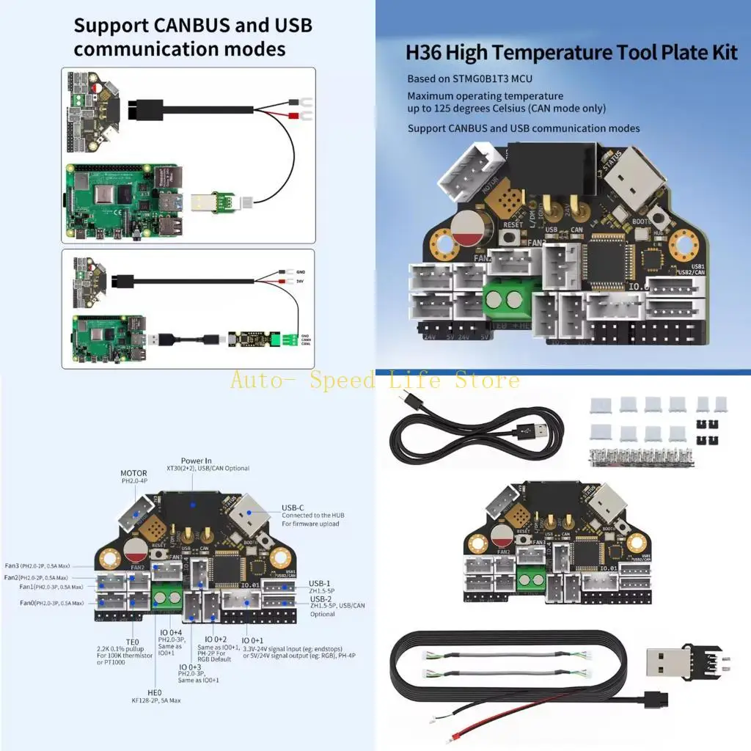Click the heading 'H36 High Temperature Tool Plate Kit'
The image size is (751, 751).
pyautogui.click(x=571, y=54)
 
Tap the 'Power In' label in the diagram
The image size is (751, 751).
pyautogui.click(x=196, y=461)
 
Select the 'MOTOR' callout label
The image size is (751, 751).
pyautogui.click(x=133, y=473)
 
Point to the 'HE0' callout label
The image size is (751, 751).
pyautogui.click(x=155, y=692)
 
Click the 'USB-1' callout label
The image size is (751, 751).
pyautogui.click(x=319, y=583)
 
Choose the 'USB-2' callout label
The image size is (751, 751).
pyautogui.click(x=319, y=598)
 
